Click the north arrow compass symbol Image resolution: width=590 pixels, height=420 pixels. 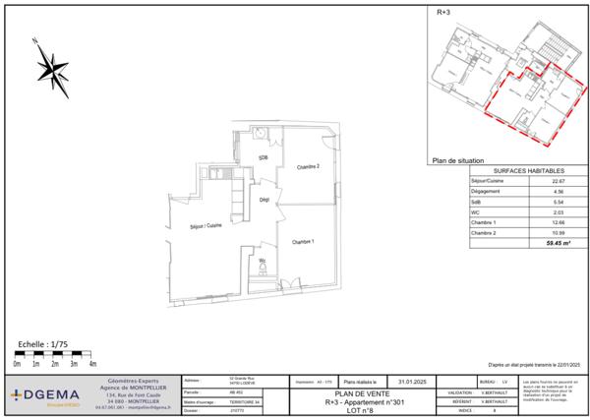(x=51, y=66)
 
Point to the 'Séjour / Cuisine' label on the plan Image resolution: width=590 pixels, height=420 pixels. (x=206, y=227)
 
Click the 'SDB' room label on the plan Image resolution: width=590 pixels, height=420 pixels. (x=264, y=157)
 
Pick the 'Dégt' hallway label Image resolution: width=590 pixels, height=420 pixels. (x=264, y=200)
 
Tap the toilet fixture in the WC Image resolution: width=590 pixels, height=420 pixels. (x=263, y=266)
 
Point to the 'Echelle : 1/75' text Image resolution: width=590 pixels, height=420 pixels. (x=45, y=345)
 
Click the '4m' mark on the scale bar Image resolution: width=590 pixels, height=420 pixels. (x=92, y=364)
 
